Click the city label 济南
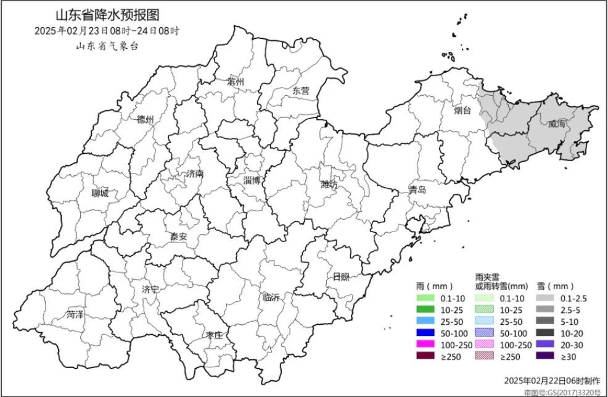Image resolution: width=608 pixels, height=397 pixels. pyautogui.click(x=194, y=174)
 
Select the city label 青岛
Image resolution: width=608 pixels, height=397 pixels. pyautogui.click(x=417, y=190)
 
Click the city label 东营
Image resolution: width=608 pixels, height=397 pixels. pyautogui.click(x=301, y=91)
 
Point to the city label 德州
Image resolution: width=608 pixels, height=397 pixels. pyautogui.click(x=145, y=119)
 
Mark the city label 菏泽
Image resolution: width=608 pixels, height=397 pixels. pyautogui.click(x=75, y=315)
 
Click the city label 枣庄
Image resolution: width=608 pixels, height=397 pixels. pyautogui.click(x=213, y=335)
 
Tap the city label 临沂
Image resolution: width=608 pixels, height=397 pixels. pyautogui.click(x=271, y=297)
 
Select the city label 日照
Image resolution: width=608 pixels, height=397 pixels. pyautogui.click(x=341, y=276)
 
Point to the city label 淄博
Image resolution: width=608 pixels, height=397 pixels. pyautogui.click(x=252, y=180)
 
